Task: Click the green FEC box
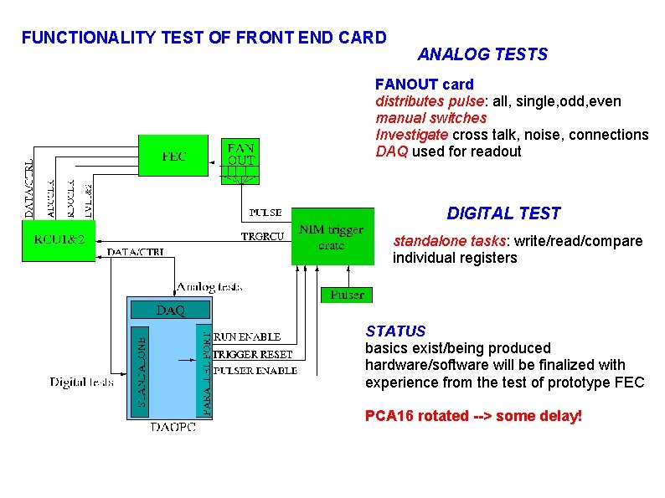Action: point(173,155)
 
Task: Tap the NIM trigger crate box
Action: point(331,238)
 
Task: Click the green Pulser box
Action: point(347,295)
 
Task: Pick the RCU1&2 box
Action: point(59,241)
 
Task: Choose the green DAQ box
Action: point(171,311)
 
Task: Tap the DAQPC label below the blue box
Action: point(173,428)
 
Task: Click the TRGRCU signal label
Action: point(261,236)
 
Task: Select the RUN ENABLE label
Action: point(248,336)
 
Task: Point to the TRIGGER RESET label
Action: point(254,354)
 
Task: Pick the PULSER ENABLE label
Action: point(255,370)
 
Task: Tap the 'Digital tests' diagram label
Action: point(82,382)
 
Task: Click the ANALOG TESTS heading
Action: point(482,54)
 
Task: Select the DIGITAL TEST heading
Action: point(503,213)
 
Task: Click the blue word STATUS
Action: point(395,331)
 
